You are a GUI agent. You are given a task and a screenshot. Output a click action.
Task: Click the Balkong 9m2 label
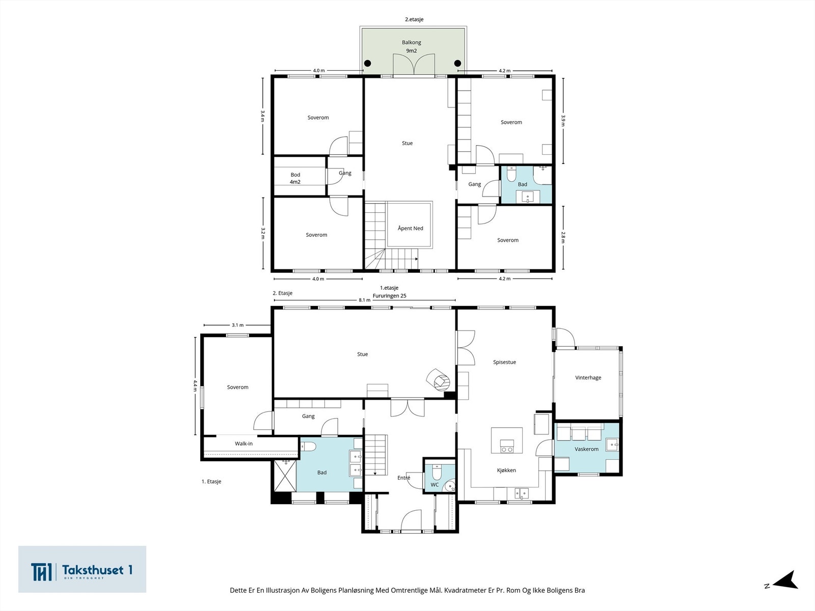point(412,46)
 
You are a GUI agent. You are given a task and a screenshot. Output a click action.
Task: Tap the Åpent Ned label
point(410,228)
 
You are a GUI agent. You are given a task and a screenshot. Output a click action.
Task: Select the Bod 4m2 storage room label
point(295,178)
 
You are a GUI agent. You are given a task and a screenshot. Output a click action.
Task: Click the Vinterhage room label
point(588,378)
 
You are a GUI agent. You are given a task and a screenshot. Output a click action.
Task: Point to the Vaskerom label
point(587,449)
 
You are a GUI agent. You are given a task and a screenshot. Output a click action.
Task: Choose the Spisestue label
point(505,362)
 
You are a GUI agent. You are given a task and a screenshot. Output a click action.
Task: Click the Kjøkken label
point(506,470)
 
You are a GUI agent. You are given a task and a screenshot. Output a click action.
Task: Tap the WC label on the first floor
point(435,485)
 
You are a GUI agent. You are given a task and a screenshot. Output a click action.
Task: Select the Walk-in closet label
point(243,443)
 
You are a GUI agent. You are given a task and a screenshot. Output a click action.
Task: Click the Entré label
point(403,478)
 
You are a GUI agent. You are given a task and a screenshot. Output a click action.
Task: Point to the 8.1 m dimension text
point(365,300)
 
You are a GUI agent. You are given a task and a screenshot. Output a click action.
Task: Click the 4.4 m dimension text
point(195,385)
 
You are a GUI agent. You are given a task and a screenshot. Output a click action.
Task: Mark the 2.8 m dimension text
point(563,237)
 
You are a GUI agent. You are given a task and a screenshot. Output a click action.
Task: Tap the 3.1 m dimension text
point(238,325)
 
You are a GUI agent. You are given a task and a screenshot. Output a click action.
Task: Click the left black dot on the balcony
point(367,64)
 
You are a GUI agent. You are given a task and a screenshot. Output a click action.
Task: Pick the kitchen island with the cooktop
point(507,440)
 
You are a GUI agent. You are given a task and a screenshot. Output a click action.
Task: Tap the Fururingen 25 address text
point(390,296)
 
